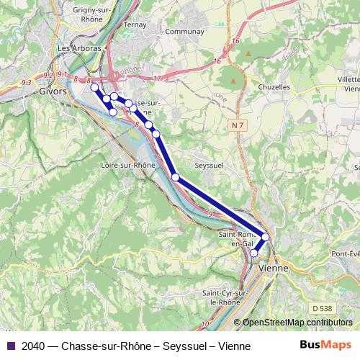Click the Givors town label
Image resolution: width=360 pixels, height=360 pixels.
coord(53,91)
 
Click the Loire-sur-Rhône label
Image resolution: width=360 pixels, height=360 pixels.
coord(125,165)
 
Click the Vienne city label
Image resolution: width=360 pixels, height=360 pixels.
coord(273,267)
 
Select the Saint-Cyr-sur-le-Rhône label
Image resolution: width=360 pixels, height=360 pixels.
coord(225,298)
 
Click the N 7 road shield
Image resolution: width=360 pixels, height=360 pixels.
coord(238,125)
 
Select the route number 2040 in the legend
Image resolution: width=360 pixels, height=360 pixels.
coord(35,346)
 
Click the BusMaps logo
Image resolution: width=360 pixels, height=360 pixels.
coord(325,345)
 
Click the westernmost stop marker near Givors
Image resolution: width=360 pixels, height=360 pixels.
coord(94,87)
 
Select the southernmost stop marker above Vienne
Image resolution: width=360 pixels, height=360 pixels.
coord(253,253)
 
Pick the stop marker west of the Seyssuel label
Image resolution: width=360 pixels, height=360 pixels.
coord(175,176)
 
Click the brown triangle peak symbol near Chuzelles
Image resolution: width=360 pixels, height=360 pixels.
coord(248,54)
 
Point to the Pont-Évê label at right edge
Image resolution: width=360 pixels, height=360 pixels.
coord(344,253)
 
